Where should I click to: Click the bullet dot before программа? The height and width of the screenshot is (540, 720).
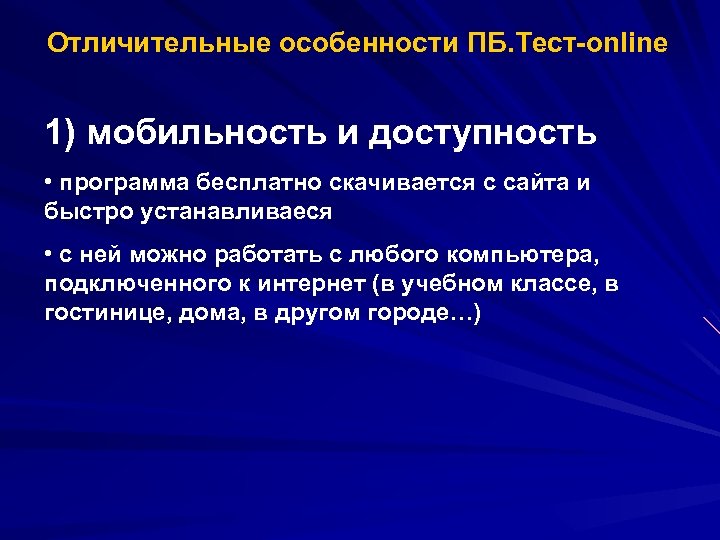click(x=49, y=184)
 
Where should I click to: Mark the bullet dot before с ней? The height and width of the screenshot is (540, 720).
click(x=49, y=256)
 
